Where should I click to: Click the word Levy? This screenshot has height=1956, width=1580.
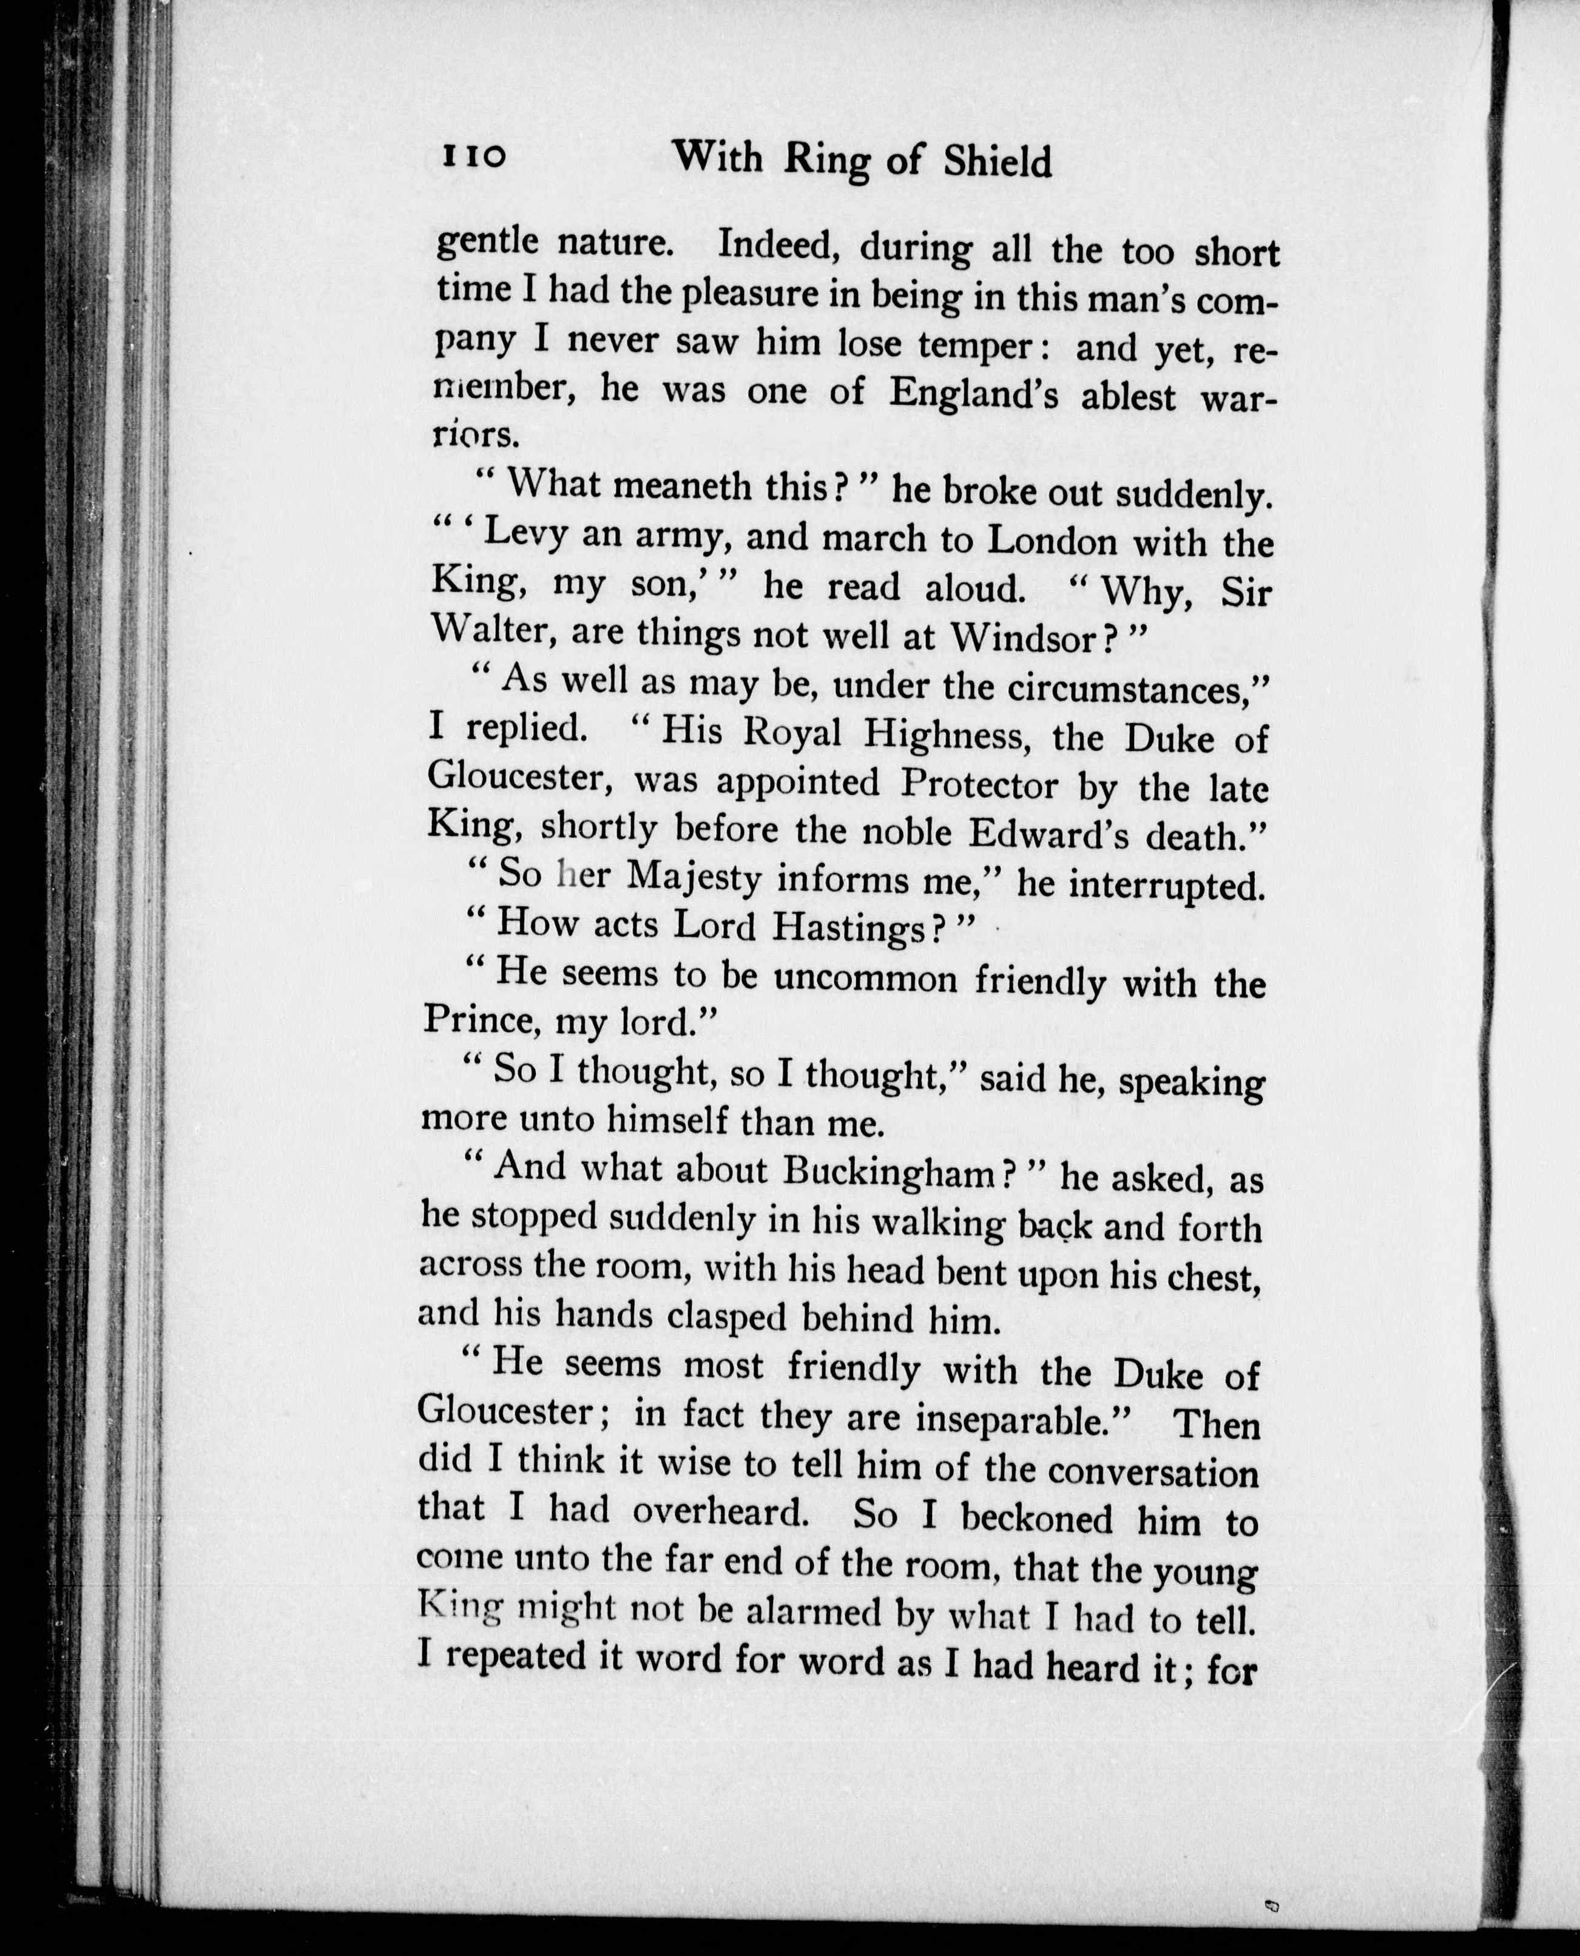(x=522, y=535)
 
